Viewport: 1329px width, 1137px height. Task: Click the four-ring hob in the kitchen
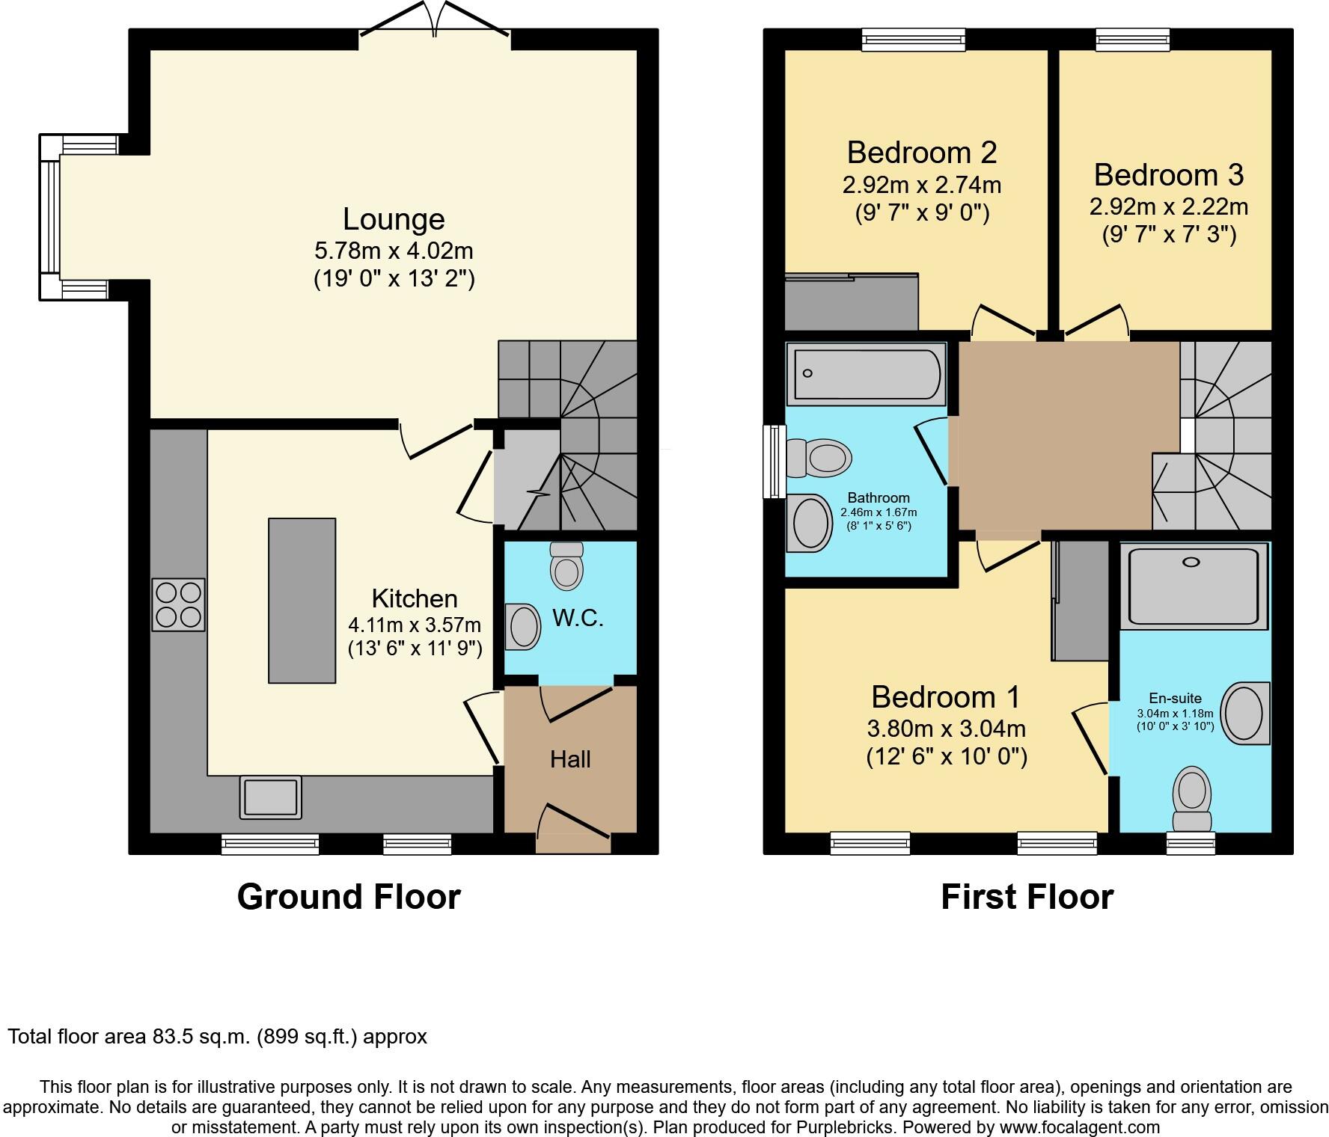point(178,604)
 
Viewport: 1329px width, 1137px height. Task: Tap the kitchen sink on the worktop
point(270,797)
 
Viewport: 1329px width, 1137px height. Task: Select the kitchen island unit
point(302,600)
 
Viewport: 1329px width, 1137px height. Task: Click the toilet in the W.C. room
point(566,566)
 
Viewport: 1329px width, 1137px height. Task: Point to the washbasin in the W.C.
point(524,627)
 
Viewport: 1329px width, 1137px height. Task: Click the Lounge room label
point(394,219)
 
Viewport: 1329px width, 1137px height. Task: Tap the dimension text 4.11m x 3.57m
point(415,625)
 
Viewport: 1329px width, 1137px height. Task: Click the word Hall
point(570,760)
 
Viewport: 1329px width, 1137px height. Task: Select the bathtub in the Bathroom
point(867,373)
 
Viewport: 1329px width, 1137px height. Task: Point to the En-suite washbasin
point(1245,712)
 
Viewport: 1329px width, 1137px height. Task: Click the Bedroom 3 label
point(1168,175)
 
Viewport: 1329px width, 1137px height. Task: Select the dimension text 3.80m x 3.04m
point(946,728)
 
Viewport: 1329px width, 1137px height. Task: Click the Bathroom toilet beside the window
point(819,457)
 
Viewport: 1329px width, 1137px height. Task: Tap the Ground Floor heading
point(349,896)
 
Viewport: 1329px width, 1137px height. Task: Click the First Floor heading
point(1027,896)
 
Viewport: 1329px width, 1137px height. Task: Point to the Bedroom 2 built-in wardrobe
point(851,303)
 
